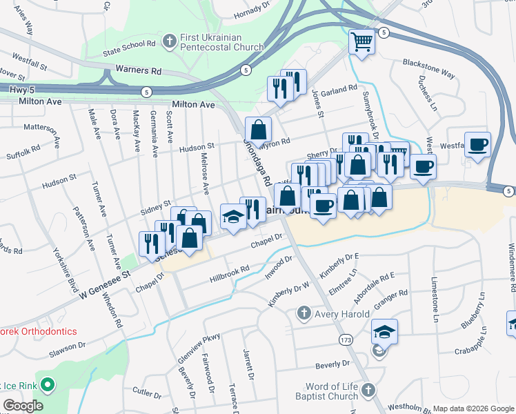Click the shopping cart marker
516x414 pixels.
pos(361,43)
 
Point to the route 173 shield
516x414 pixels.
pos(346,339)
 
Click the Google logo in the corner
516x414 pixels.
pos(23,406)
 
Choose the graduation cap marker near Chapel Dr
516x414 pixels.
pos(233,217)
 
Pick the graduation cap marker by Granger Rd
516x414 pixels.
pos(384,332)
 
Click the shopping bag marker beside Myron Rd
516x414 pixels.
pos(258,129)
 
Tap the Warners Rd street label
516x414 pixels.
pos(138,70)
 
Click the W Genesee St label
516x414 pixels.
pos(104,284)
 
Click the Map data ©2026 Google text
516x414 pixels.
pos(473,408)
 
